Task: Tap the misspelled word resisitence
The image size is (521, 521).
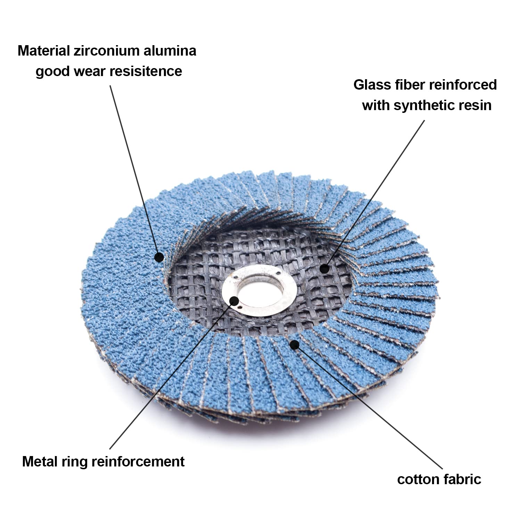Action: tap(146, 71)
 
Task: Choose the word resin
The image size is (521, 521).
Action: tap(474, 105)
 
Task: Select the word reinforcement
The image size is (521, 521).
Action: tap(138, 462)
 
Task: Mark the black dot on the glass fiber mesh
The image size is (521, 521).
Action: tap(324, 268)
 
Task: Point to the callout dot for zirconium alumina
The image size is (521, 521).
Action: tap(159, 257)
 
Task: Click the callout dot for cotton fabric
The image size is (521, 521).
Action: tap(295, 345)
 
